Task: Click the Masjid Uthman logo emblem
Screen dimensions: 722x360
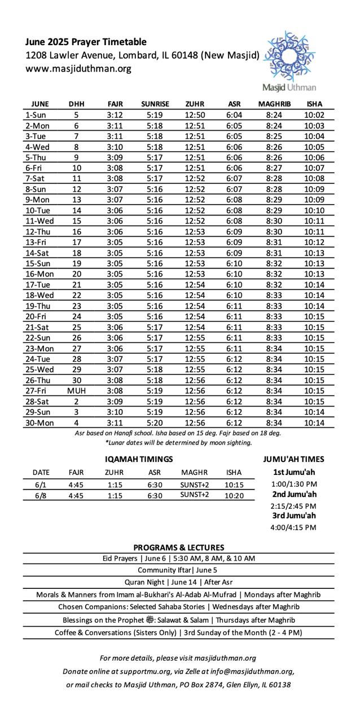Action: tap(290, 56)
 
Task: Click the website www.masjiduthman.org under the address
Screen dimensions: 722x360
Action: tap(78, 69)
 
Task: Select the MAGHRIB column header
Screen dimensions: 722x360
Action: tap(274, 104)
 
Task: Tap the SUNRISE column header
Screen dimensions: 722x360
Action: tap(155, 104)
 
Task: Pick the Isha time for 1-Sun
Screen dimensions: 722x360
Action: tap(314, 115)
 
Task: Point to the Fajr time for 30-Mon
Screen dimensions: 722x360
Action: tap(115, 422)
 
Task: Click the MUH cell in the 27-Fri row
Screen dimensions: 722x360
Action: tap(76, 390)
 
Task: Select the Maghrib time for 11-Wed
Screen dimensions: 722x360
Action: tap(274, 221)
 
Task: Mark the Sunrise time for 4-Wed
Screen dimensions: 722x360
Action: tap(155, 147)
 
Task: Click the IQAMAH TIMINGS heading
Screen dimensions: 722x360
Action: tap(139, 459)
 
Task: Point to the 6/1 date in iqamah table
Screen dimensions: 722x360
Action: tap(41, 485)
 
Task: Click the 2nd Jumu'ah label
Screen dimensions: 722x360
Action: tap(294, 495)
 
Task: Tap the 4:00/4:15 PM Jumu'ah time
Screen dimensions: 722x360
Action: tap(294, 527)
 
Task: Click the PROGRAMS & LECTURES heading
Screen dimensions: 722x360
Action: tap(178, 547)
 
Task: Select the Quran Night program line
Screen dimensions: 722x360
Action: tap(178, 582)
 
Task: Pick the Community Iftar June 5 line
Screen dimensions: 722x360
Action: tap(178, 570)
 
